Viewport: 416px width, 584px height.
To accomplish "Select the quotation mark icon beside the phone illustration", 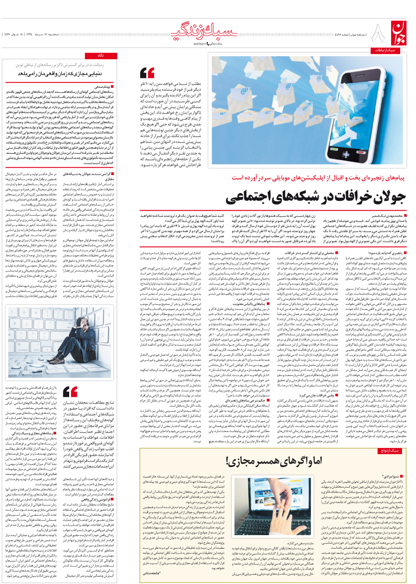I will pos(147,73).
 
